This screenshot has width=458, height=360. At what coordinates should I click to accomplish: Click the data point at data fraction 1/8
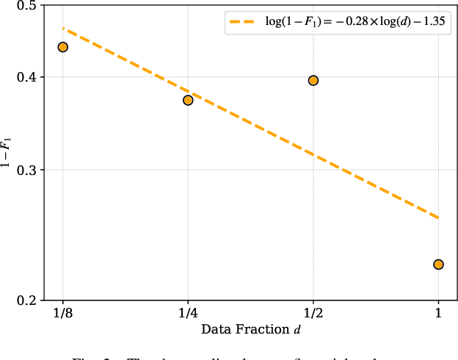(x=62, y=47)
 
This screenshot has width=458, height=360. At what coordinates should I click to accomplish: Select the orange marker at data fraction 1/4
(x=188, y=100)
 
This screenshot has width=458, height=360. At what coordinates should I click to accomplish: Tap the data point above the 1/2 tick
(x=313, y=80)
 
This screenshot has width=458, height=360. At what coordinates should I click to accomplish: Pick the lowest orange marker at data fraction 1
(x=438, y=264)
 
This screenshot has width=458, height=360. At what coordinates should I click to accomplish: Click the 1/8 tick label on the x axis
(x=62, y=314)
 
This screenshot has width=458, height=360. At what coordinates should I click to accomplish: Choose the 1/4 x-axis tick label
(x=188, y=314)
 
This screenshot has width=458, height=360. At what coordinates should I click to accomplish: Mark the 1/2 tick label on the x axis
(x=313, y=314)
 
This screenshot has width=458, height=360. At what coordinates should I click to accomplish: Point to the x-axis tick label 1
(x=438, y=314)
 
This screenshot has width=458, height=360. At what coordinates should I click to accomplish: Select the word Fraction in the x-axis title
(x=260, y=329)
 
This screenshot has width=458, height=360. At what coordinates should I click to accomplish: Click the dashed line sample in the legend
(x=243, y=22)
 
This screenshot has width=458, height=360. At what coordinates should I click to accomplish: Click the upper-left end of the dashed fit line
(x=63, y=29)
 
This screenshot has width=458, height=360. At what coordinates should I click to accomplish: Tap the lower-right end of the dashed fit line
(x=438, y=217)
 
